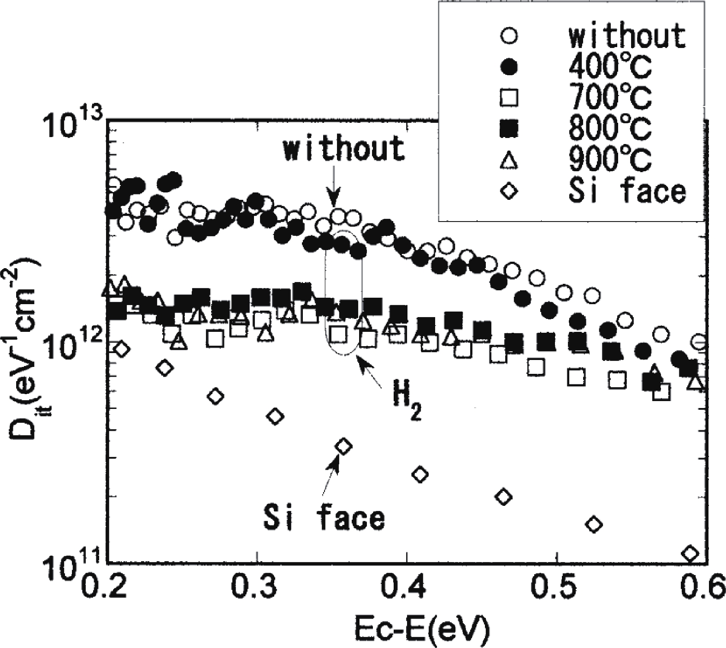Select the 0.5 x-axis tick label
[x=557, y=587]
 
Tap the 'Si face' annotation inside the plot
[x=325, y=518]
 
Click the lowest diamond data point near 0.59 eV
[x=690, y=553]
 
